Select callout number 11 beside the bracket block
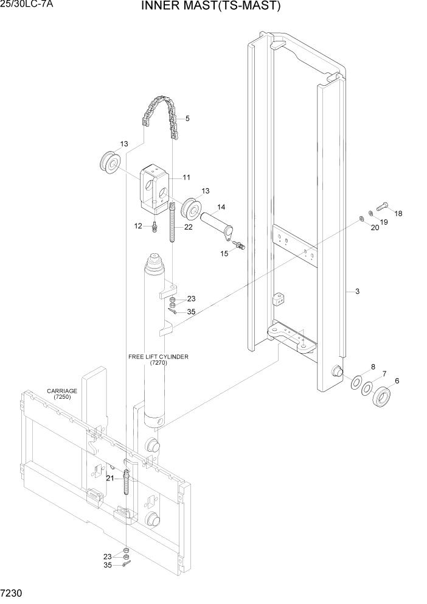186,178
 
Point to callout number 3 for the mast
357,292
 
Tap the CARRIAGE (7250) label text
61,394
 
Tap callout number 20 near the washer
375,227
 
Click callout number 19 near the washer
384,222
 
